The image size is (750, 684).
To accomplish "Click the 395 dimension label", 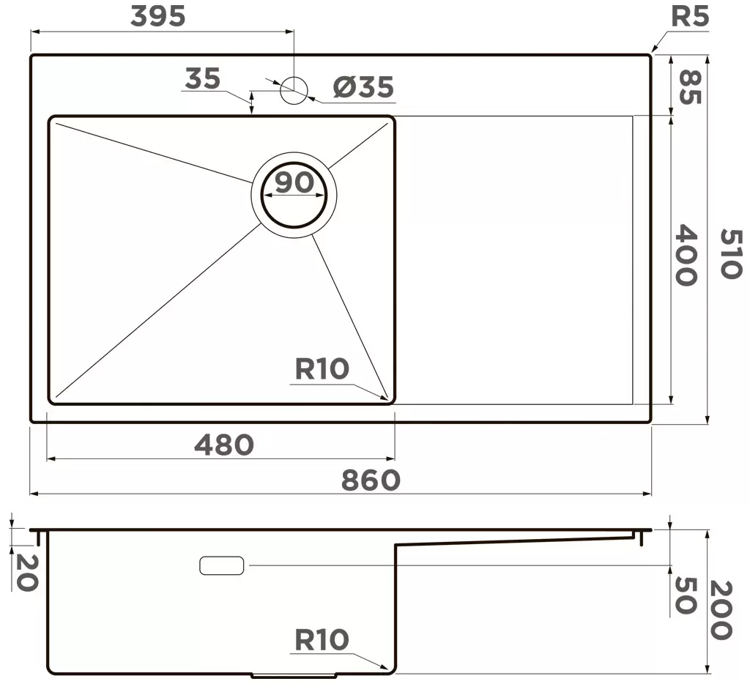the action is click(158, 16).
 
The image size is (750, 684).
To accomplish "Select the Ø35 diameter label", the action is click(363, 86).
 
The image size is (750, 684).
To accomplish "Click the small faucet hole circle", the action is click(293, 89).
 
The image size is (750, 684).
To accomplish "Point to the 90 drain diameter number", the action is click(294, 182).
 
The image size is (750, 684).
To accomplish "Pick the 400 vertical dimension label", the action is click(686, 255).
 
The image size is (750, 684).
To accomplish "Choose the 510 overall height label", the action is click(731, 253).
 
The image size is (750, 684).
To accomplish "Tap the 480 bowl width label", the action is click(224, 445).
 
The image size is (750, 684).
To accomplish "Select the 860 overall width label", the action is click(371, 480).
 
